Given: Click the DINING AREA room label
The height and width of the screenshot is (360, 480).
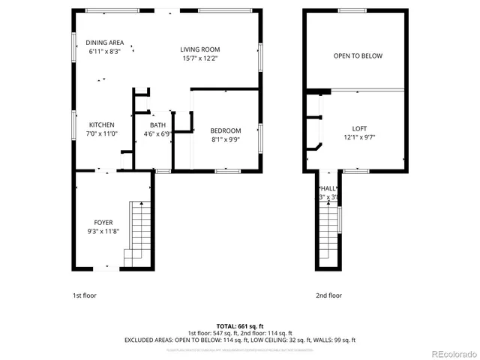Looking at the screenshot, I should coord(104,43).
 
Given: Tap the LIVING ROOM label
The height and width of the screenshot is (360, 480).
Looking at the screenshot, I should coord(199,49).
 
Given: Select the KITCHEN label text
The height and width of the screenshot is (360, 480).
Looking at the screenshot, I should coord(102,125).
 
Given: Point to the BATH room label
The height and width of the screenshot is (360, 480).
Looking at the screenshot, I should coord(157,125).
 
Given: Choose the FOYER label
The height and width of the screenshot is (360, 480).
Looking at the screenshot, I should coord(103,223).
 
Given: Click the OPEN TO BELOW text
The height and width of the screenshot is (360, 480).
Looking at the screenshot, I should coord(358,55).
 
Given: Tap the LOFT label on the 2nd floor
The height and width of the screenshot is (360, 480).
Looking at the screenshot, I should coord(360,128).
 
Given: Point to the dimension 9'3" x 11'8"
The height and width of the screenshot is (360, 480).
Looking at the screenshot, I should coord(103,232).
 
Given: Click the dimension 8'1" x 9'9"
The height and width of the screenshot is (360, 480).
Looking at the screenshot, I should coord(225,139).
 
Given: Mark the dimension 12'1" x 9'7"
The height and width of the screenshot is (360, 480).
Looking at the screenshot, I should coord(360,137).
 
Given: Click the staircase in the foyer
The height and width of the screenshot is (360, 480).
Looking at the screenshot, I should coord(139,232).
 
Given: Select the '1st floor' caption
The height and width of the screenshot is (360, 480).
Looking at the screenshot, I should coord(84,295).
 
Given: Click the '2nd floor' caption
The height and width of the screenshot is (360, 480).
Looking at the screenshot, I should coord(328,295).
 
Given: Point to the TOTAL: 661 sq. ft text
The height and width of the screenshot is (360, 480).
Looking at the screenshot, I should coord(239,326).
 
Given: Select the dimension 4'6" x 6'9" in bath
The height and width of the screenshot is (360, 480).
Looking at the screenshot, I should coord(157,134).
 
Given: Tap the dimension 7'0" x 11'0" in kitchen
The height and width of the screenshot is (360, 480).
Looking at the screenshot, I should coord(102,134).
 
